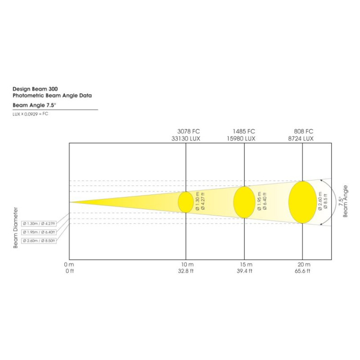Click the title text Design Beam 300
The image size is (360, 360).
tap(35, 89)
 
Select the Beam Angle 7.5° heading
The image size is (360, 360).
tap(35, 105)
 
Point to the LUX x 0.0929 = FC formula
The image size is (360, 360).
tap(30, 114)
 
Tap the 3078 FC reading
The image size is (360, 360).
tap(189, 131)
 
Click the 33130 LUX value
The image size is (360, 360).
tap(186, 139)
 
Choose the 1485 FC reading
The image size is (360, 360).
tap(244, 131)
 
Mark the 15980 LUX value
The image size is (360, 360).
tap(241, 139)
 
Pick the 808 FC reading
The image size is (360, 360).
tap(303, 131)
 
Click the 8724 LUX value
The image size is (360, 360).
tap(301, 139)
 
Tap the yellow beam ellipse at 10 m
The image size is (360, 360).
tap(186, 202)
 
